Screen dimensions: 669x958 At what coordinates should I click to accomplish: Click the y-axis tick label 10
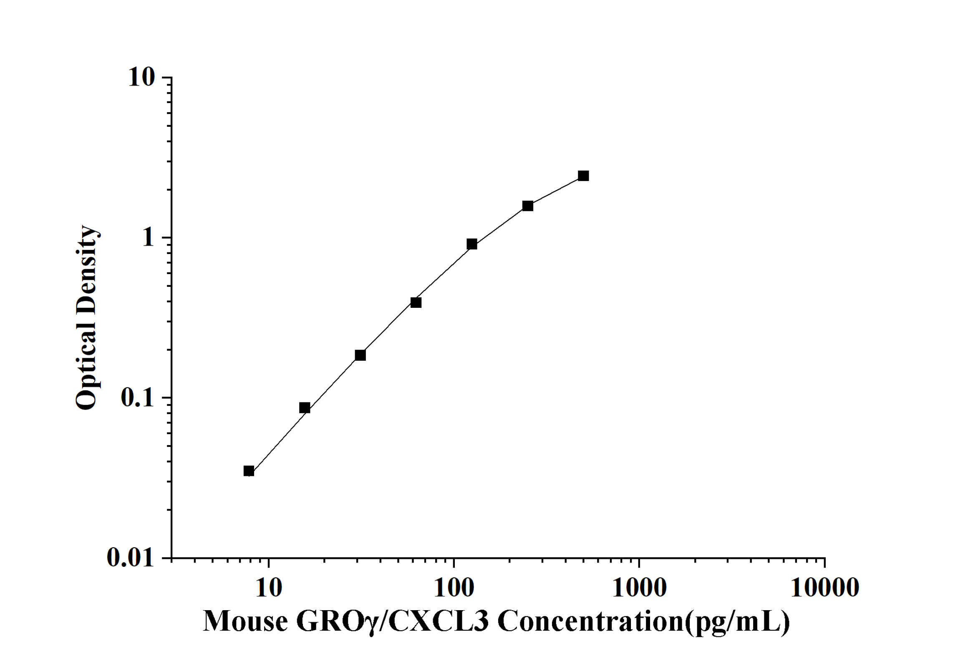[x=141, y=78]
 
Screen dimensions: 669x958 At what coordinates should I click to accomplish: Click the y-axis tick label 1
[x=148, y=238]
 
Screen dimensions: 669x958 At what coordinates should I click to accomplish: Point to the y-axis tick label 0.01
[x=130, y=557]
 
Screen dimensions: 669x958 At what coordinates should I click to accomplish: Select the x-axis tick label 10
[x=268, y=588]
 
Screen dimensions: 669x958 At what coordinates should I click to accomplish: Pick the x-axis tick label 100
[x=454, y=588]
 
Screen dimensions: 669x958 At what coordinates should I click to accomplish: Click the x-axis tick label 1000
[x=639, y=588]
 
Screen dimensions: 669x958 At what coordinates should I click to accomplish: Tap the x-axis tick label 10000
[x=824, y=588]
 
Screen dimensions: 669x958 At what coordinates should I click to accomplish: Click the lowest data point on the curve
[x=249, y=471]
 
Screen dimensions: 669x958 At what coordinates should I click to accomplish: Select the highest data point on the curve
[x=583, y=176]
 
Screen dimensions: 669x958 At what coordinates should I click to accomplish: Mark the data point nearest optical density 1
[x=472, y=244]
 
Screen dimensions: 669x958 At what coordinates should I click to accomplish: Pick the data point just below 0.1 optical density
[x=305, y=408]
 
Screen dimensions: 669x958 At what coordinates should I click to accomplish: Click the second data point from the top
[x=528, y=206]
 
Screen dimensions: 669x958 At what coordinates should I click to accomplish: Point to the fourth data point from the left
[x=416, y=303]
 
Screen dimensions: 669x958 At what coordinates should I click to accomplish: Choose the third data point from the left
[x=360, y=355]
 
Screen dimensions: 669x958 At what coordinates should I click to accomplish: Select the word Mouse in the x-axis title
[x=245, y=621]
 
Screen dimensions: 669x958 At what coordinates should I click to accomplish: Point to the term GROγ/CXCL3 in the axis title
[x=392, y=621]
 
